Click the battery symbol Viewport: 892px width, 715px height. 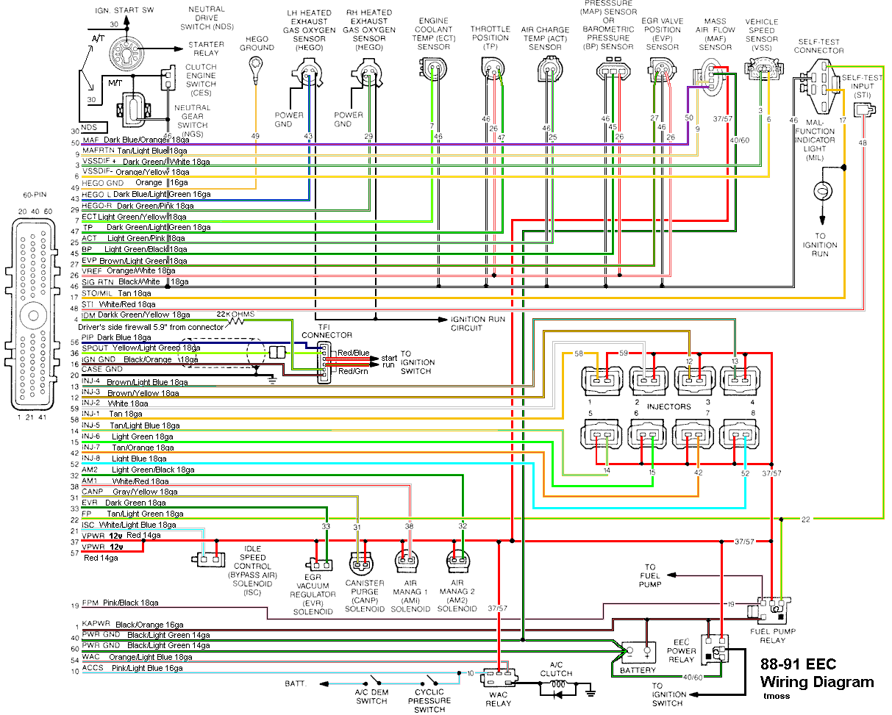coord(637,651)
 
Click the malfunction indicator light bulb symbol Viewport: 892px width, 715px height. coord(821,190)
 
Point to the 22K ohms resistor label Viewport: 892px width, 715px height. coord(240,315)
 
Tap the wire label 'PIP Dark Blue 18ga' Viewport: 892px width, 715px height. coord(121,337)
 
